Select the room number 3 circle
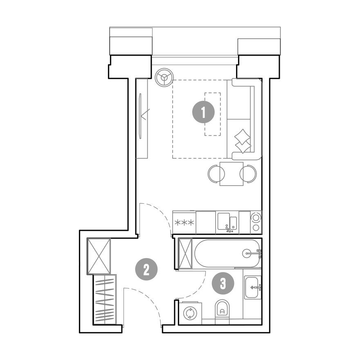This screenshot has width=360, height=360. click(x=223, y=283)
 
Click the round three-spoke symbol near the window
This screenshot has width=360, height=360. click(x=164, y=77)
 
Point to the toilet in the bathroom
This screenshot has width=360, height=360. click(x=223, y=309)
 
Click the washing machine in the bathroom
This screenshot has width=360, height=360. click(x=190, y=313)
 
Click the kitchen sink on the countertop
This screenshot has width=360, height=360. click(x=227, y=222)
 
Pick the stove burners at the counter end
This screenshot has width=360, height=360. click(x=256, y=222)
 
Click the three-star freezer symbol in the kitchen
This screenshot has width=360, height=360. click(x=184, y=223)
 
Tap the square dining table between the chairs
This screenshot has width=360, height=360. click(x=232, y=173)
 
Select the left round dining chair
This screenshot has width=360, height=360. click(x=216, y=173)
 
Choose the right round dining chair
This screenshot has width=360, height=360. click(x=248, y=173)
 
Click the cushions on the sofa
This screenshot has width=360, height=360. click(x=243, y=141)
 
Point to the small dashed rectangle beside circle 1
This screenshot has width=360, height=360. click(x=212, y=114)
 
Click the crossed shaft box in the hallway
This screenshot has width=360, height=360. click(x=99, y=256)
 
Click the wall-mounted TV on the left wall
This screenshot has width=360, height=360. click(x=140, y=116)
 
